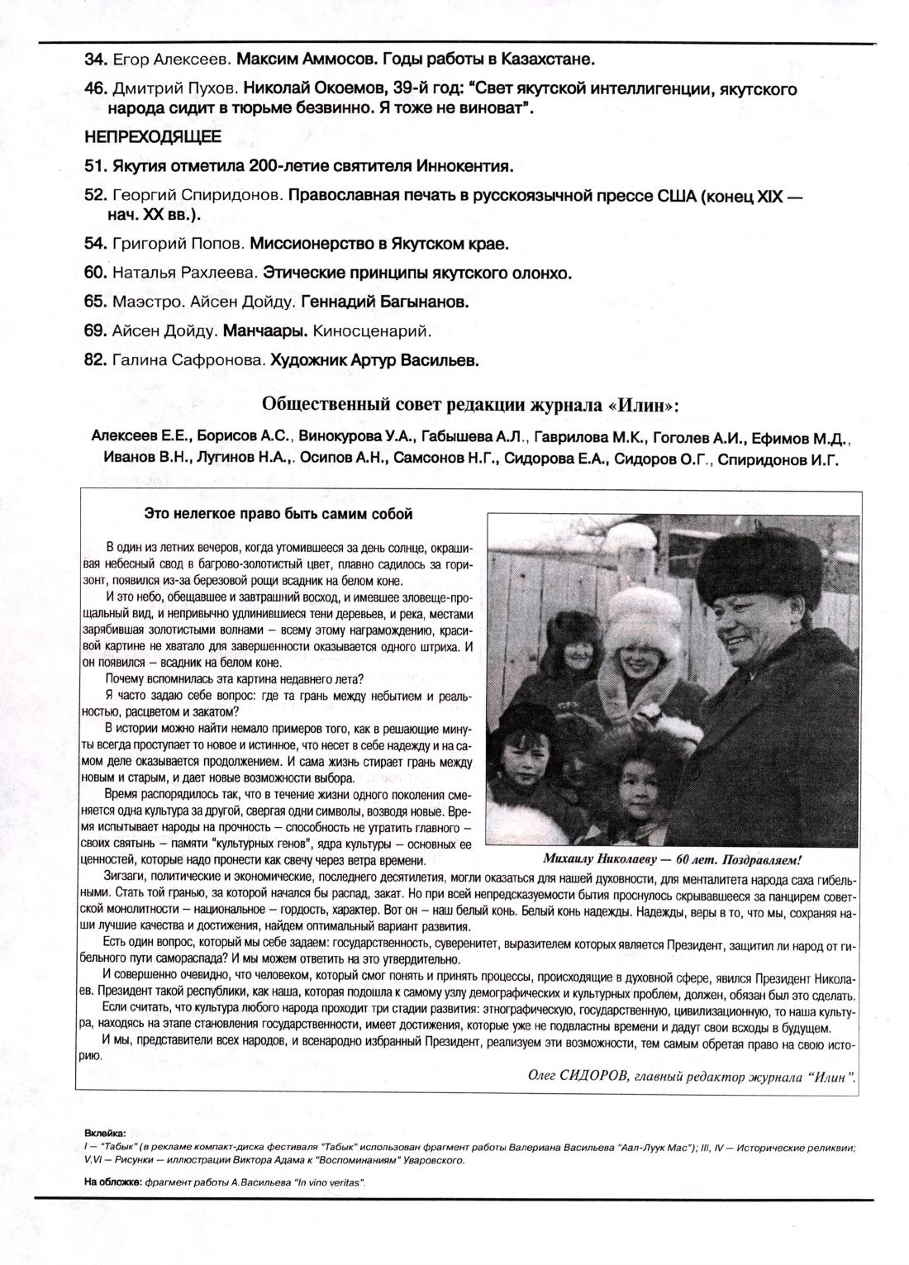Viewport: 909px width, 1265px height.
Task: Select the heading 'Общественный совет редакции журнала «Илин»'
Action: (471, 405)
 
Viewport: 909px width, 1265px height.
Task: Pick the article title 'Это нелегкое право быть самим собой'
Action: (278, 514)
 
